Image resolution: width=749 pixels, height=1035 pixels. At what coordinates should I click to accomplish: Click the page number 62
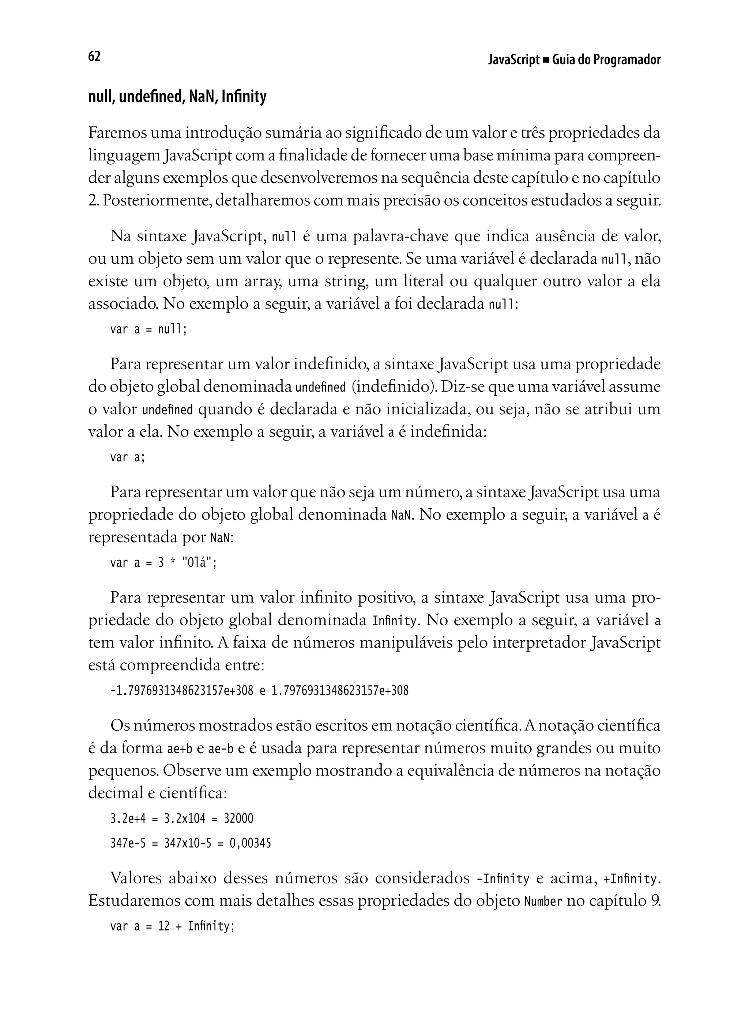point(94,57)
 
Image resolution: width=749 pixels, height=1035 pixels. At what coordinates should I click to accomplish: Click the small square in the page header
point(546,60)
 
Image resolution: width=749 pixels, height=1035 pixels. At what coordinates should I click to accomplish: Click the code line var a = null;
point(148,329)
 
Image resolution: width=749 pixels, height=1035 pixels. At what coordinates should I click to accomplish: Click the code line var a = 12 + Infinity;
point(172,926)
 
